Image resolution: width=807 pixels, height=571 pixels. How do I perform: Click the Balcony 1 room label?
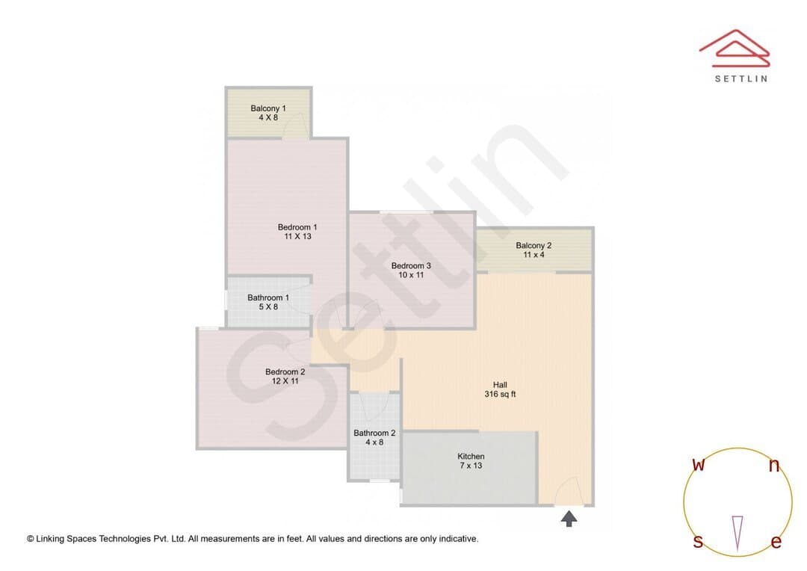coord(268,108)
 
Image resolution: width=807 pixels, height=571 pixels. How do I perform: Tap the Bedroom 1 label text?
coord(297,227)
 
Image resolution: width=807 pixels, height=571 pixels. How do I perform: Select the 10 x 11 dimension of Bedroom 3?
coord(411,275)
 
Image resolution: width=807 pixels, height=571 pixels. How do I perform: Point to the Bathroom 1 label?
coord(268,297)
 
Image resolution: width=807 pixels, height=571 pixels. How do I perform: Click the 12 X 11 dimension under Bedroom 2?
coord(285,381)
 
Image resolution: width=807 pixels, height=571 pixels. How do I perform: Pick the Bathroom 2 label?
coord(374,433)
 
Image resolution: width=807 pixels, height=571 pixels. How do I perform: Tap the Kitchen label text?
coord(471,456)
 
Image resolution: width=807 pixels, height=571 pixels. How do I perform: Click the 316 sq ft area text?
coord(500,395)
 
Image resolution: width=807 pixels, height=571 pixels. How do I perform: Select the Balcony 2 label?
coord(534,246)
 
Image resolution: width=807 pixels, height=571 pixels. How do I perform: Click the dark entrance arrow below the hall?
coord(569,519)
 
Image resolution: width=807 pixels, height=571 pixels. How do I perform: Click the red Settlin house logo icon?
coord(735,49)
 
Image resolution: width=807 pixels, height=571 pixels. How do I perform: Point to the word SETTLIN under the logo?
coord(742,78)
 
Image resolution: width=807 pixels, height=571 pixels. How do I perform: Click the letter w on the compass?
coord(699,464)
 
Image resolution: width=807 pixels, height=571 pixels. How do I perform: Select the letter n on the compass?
coord(774,466)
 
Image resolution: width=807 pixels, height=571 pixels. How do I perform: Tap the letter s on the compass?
coord(698,541)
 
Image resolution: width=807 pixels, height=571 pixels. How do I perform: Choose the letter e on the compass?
coord(776,542)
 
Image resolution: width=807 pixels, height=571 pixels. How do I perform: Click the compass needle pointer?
coord(738,534)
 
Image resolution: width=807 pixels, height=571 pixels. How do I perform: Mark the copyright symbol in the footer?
coord(31,539)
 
